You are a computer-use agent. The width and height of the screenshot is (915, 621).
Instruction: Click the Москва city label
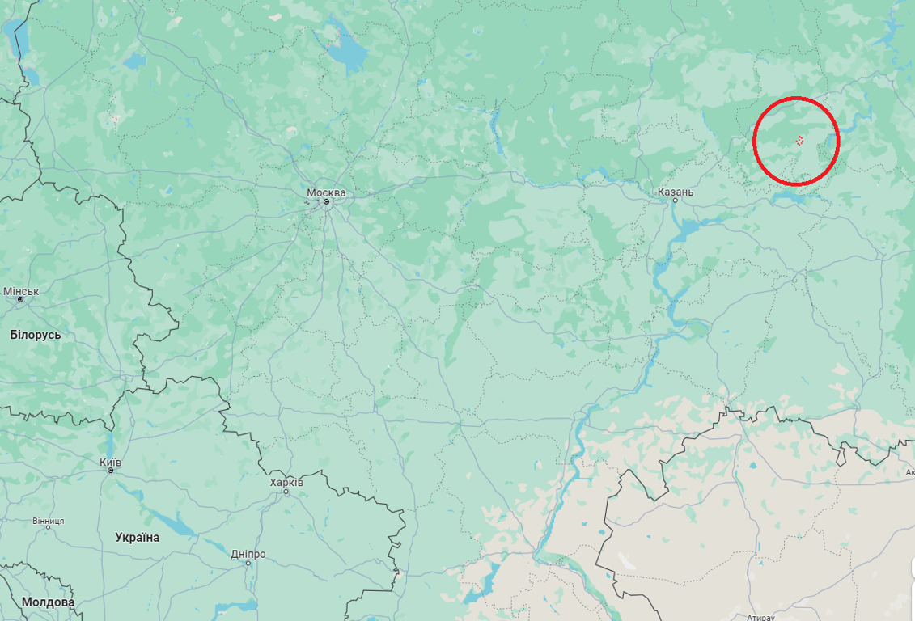(326, 192)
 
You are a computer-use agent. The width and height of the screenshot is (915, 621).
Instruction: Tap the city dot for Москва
(327, 201)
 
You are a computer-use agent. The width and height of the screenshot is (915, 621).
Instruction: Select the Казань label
(676, 192)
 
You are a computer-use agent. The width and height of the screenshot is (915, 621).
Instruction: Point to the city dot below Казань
(676, 201)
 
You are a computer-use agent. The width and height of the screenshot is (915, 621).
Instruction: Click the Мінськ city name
(21, 291)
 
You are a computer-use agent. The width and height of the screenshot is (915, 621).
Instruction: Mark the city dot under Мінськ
(20, 300)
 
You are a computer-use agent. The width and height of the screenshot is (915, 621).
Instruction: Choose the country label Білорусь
(36, 334)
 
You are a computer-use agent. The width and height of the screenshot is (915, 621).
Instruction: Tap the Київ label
(110, 462)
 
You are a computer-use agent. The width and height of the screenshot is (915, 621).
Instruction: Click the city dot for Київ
(110, 471)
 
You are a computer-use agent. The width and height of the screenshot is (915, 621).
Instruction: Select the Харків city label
(286, 482)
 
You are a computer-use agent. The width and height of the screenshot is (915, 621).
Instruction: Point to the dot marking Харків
(286, 491)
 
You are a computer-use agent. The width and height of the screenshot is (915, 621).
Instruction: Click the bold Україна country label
(138, 537)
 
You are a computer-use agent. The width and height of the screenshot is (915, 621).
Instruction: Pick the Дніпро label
(248, 554)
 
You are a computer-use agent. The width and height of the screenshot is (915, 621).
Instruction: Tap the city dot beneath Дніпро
(248, 563)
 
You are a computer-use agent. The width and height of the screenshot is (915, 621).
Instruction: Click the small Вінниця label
(49, 521)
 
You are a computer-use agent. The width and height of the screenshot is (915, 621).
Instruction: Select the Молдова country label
(48, 602)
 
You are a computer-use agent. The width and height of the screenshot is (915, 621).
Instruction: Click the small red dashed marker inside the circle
(799, 141)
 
